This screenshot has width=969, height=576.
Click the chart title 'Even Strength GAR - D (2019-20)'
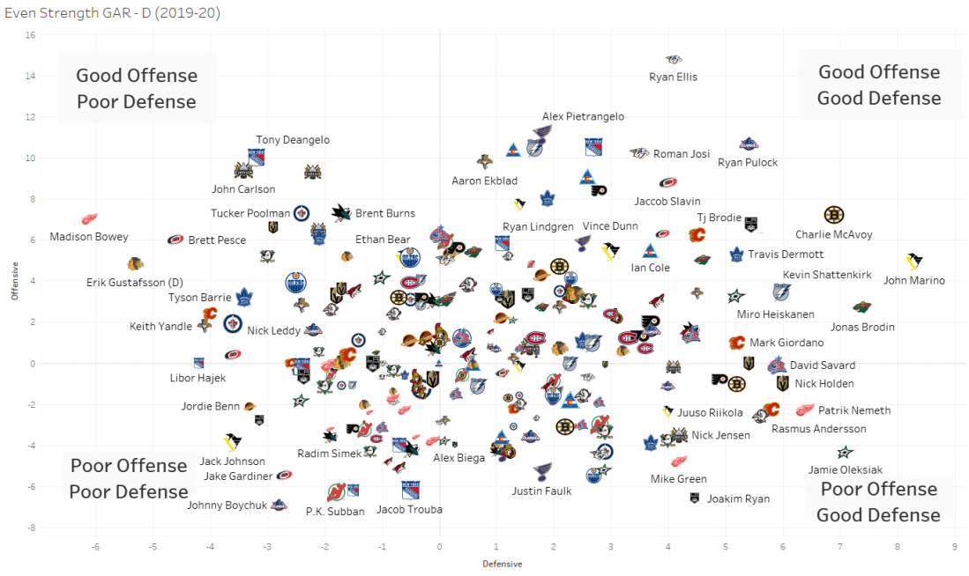(112, 13)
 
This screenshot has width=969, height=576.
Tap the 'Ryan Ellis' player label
(673, 77)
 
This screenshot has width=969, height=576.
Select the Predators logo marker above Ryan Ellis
(674, 59)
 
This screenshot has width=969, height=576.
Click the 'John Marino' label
(913, 281)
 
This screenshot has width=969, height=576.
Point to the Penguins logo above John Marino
(914, 262)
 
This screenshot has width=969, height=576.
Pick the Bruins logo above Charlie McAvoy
(833, 215)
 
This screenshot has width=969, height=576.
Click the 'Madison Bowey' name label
(89, 237)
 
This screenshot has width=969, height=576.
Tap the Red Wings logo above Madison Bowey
(89, 218)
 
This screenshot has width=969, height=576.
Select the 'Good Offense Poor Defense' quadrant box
(137, 88)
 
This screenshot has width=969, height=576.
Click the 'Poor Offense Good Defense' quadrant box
(878, 501)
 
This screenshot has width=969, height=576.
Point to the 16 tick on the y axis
(30, 35)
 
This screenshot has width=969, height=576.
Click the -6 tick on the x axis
(95, 547)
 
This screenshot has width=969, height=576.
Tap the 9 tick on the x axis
(954, 547)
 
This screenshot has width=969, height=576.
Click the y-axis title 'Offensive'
(14, 281)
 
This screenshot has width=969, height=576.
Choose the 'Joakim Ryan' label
(738, 498)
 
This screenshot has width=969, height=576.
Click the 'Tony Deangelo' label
(293, 140)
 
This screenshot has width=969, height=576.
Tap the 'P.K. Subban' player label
(335, 511)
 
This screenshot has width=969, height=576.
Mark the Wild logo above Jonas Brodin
(862, 307)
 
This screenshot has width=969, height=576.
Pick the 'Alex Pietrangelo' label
(584, 116)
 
